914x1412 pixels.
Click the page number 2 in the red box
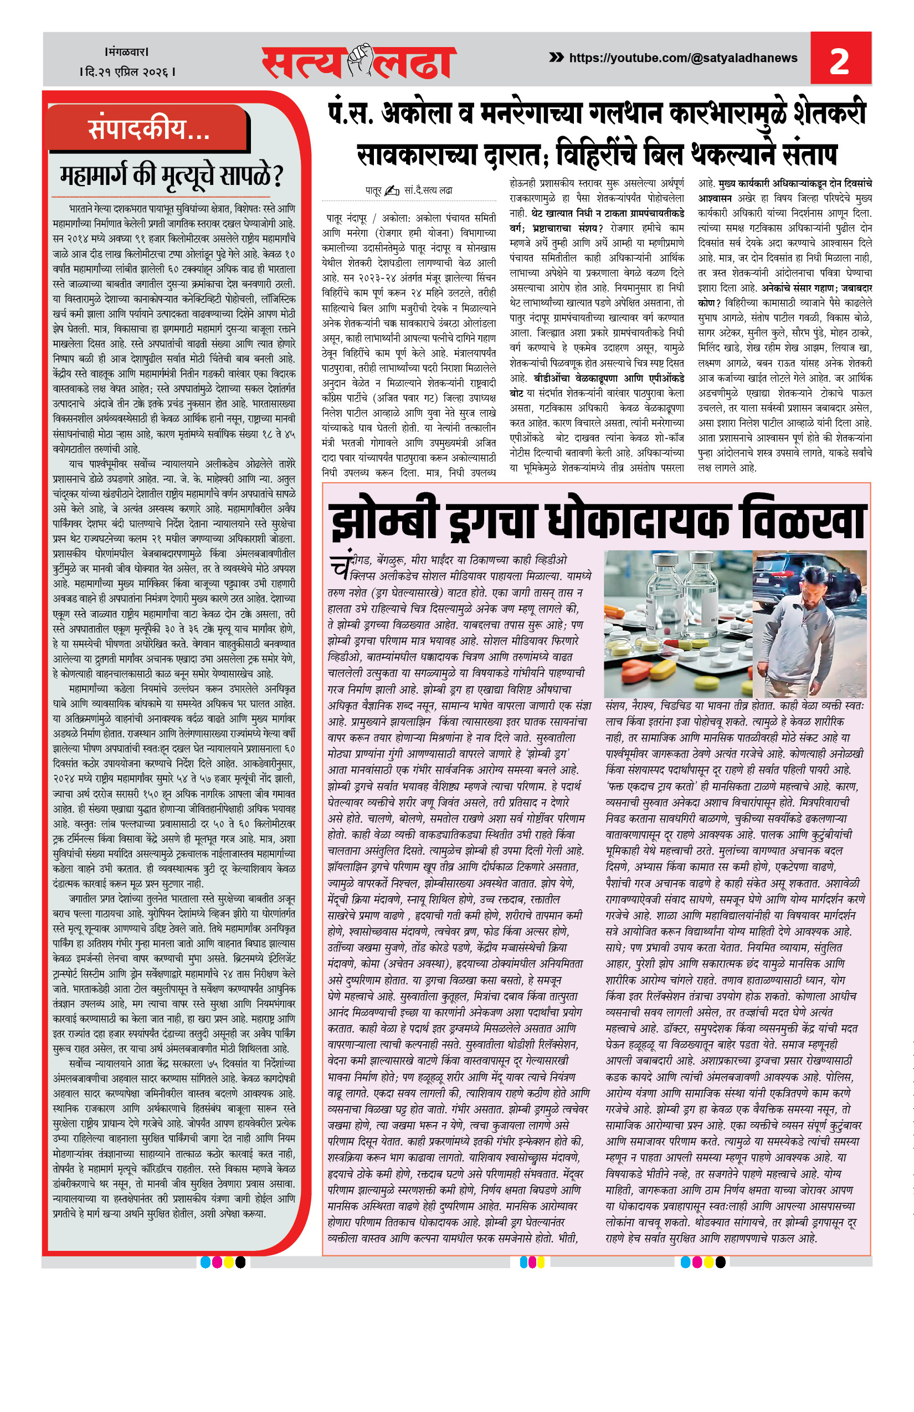[x=839, y=61]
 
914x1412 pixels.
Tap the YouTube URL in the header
[x=682, y=58]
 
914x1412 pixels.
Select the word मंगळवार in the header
[x=126, y=52]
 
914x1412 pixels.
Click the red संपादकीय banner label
[x=148, y=128]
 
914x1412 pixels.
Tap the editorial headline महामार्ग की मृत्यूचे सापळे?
[x=172, y=175]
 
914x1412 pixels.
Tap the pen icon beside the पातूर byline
[x=392, y=190]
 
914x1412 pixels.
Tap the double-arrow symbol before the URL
[x=556, y=58]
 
